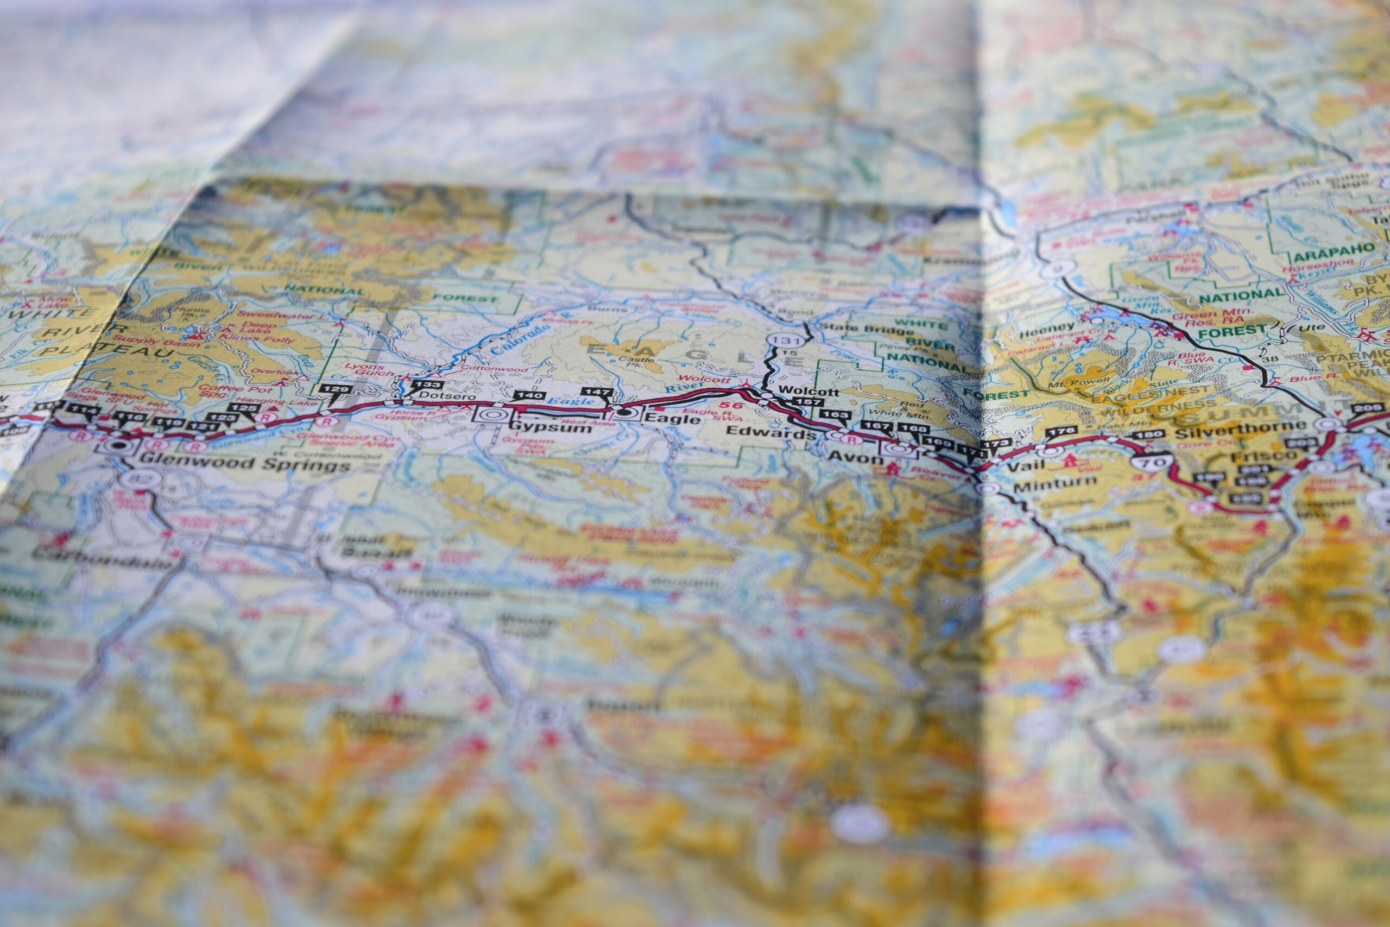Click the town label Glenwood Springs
(x=245, y=465)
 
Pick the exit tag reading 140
(x=528, y=395)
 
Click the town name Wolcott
(x=801, y=392)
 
